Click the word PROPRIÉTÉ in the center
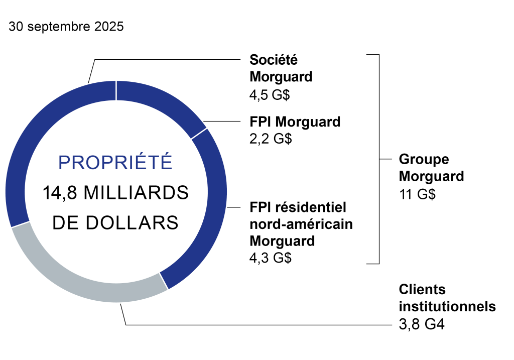tap(115, 162)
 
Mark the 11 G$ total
tap(417, 194)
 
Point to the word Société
tap(274, 60)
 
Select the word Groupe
tap(424, 160)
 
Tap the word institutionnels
tap(447, 306)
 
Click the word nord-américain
tap(301, 224)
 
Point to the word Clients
tap(422, 289)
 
